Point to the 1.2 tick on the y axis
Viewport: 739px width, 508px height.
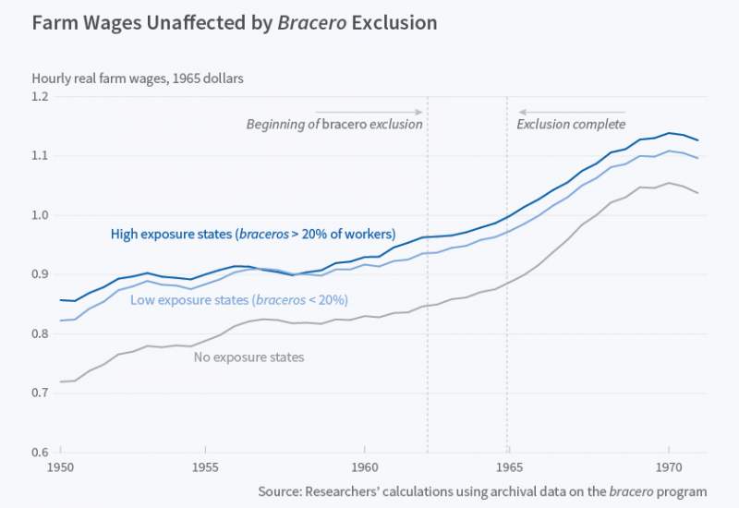pos(42,97)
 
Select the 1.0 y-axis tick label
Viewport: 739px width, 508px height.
pos(42,215)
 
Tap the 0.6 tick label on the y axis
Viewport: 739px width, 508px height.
pos(42,452)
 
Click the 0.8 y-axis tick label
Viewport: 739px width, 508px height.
pos(42,333)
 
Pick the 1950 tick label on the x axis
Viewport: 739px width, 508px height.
pos(61,469)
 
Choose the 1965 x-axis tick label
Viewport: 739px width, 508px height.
pos(507,469)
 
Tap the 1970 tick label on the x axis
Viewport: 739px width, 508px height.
pos(667,469)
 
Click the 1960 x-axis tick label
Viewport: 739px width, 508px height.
pos(364,469)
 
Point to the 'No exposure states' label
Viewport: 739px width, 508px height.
pos(248,357)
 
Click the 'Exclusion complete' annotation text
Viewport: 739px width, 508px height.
pos(571,125)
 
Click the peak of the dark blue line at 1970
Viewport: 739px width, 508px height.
pos(668,133)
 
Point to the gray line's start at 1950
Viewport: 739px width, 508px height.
pos(61,381)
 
